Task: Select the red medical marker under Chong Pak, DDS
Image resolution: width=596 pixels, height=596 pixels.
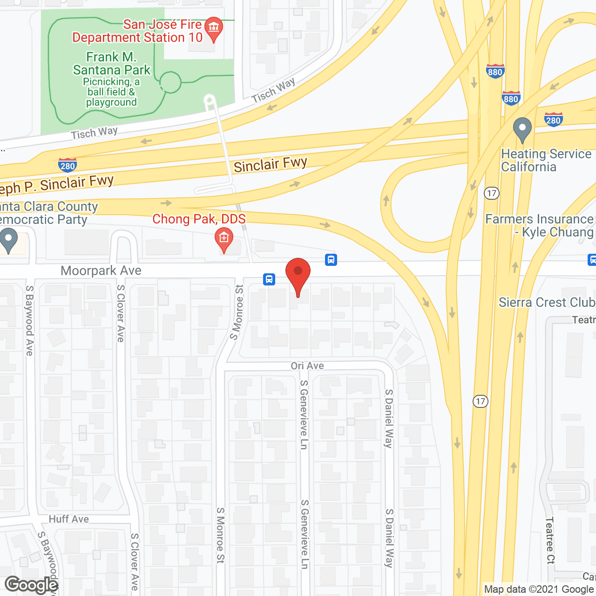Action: click(x=224, y=239)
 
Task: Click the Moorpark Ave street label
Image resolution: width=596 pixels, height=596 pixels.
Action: click(x=101, y=271)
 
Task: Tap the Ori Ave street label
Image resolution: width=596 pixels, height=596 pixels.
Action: click(x=307, y=366)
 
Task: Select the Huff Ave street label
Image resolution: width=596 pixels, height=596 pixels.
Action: click(x=69, y=519)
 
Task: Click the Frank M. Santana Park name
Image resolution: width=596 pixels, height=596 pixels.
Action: click(x=112, y=63)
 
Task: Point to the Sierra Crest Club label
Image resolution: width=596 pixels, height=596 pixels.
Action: click(x=547, y=302)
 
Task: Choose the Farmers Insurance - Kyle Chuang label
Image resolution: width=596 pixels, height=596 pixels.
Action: click(x=540, y=225)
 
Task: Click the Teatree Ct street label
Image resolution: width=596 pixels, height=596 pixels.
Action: click(x=550, y=540)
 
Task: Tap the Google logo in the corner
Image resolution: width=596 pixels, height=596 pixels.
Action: click(x=32, y=585)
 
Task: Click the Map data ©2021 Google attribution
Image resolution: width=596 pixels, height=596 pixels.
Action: click(x=539, y=589)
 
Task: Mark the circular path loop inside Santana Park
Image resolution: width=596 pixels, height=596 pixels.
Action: click(x=170, y=83)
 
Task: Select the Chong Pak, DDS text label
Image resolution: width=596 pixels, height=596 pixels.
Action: click(x=199, y=219)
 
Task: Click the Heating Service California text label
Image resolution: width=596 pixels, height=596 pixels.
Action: click(x=546, y=160)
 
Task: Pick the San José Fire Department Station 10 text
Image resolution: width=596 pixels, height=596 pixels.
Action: click(x=137, y=31)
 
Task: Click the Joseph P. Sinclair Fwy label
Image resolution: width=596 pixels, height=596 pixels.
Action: click(x=56, y=184)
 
